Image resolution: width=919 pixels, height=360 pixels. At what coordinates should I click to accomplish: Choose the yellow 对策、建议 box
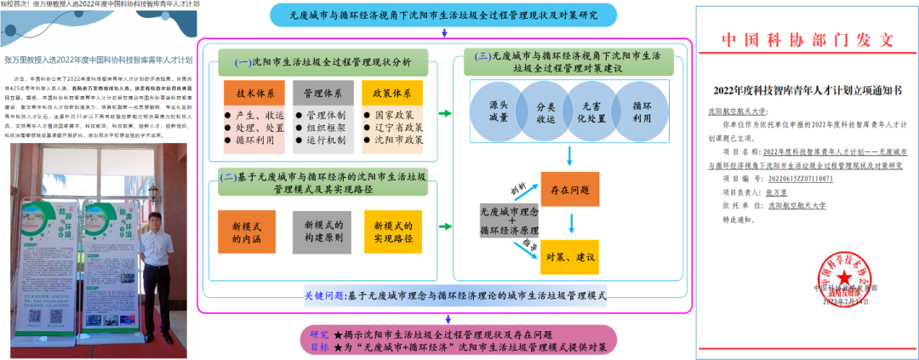pos(569,256)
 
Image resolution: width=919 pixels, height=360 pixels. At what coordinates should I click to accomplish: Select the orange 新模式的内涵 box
pos(247,232)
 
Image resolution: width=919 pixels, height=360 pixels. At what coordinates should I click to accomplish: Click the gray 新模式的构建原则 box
pos(321,232)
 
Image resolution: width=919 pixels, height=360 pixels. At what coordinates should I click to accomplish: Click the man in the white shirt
pos(158,260)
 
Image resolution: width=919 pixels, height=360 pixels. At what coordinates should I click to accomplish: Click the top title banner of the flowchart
pos(443,14)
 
